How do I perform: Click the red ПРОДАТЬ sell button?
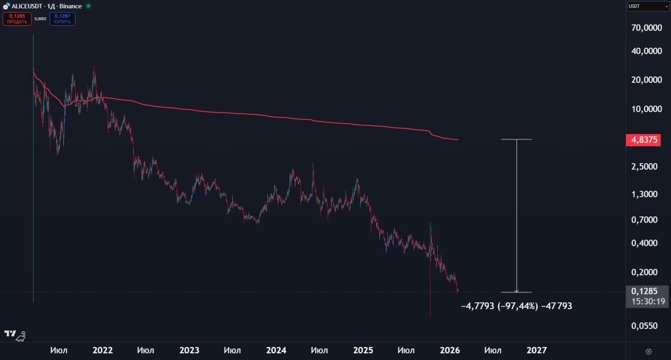tap(17, 19)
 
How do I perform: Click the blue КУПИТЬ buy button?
tap(62, 19)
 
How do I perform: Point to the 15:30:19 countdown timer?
tap(648, 301)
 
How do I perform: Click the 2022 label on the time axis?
tap(102, 350)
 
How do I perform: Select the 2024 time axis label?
tap(276, 350)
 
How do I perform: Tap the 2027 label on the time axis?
tap(536, 350)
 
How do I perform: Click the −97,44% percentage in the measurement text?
tap(517, 306)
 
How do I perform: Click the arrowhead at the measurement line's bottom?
tap(517, 290)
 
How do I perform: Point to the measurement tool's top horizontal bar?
tap(516, 139)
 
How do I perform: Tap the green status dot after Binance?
tap(88, 6)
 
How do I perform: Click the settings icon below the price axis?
tap(648, 351)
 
